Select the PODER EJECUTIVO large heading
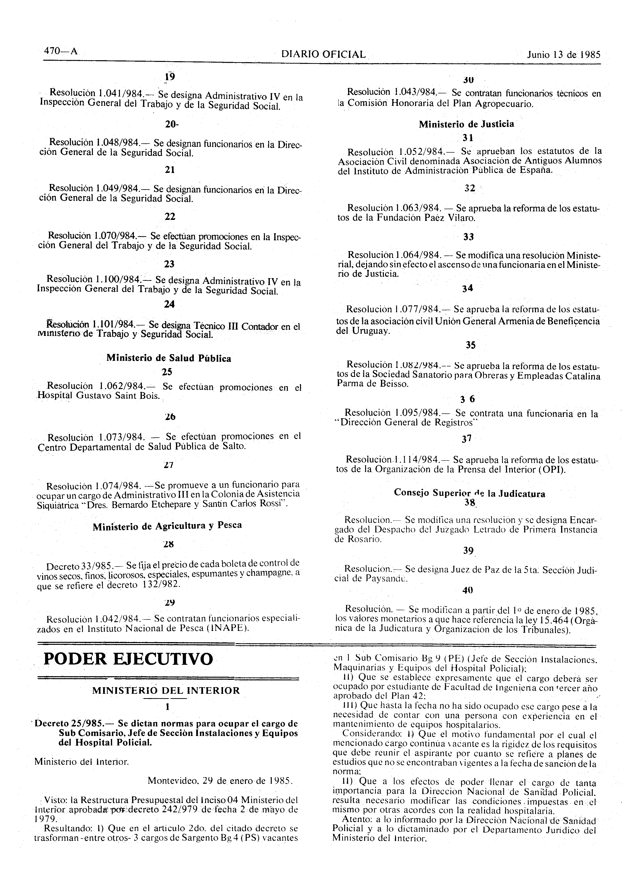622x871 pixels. point(128,659)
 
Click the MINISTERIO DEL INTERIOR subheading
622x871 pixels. point(166,691)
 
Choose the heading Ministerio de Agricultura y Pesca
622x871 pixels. point(167,526)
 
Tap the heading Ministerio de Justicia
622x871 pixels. point(466,124)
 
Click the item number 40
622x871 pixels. point(468,590)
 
